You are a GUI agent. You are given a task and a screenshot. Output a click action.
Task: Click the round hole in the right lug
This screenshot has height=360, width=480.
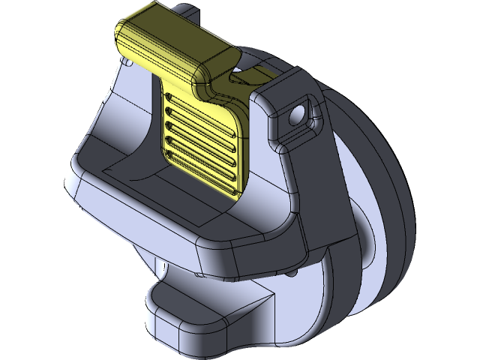click(x=299, y=114)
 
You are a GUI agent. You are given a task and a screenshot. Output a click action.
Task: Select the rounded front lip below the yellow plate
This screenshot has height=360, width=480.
click(x=225, y=225)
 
